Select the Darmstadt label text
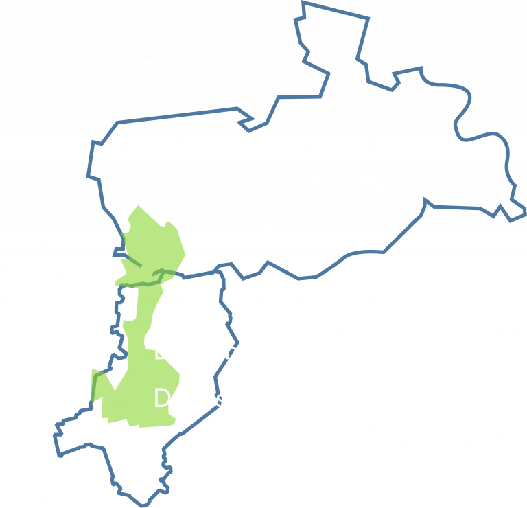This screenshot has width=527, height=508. pos(211,398)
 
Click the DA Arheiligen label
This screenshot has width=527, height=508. pos(235,351)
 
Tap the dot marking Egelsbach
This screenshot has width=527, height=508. pos(146,271)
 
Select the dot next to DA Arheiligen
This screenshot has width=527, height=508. pos(139,349)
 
